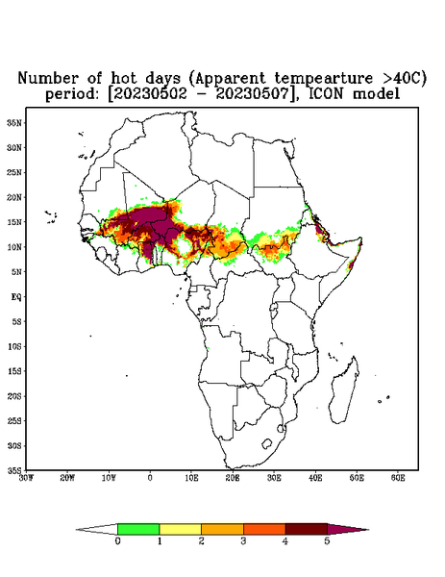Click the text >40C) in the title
click(401, 79)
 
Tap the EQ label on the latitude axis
click(16, 297)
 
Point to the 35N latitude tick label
click(14, 123)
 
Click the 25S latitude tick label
click(14, 421)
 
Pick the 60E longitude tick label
click(398, 478)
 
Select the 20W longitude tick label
click(67, 478)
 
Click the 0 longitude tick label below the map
click(150, 478)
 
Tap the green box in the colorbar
click(138, 529)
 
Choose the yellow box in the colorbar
click(180, 529)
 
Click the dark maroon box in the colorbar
click(307, 529)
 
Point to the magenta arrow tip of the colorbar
click(368, 530)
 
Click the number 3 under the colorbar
click(243, 541)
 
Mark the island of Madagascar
click(344, 390)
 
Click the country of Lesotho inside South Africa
click(267, 443)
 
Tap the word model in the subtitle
click(376, 94)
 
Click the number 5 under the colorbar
click(327, 541)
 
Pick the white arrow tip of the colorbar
click(78, 530)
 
